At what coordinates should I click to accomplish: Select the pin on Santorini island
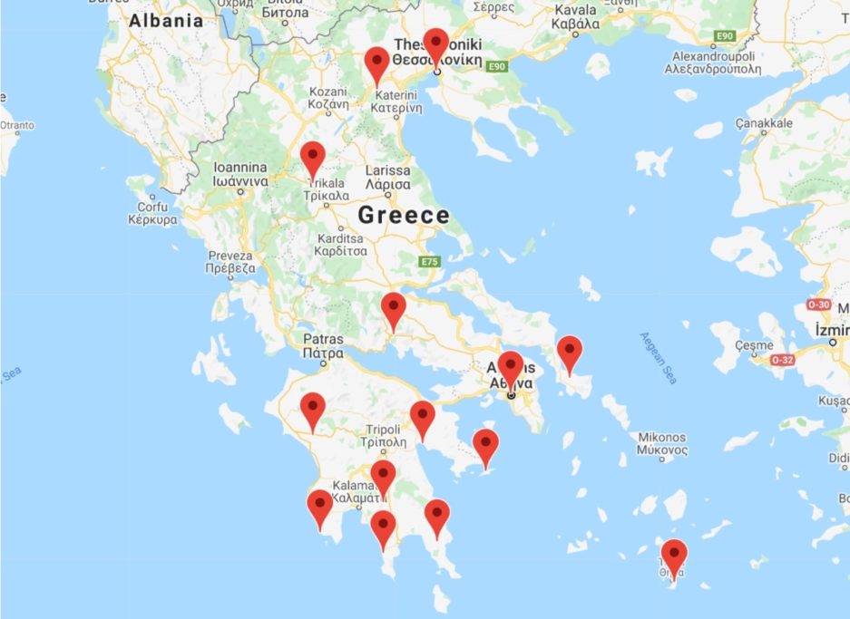(673, 556)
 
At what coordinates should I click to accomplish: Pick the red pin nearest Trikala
(313, 160)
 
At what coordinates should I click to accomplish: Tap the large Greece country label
(404, 215)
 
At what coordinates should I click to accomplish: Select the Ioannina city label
(239, 174)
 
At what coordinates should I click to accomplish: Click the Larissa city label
(387, 177)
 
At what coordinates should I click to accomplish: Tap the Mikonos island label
(661, 443)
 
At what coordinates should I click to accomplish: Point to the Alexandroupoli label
(712, 62)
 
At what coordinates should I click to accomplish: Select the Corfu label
(151, 213)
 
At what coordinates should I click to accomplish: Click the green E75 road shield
(430, 262)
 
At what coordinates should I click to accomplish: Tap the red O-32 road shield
(783, 360)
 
